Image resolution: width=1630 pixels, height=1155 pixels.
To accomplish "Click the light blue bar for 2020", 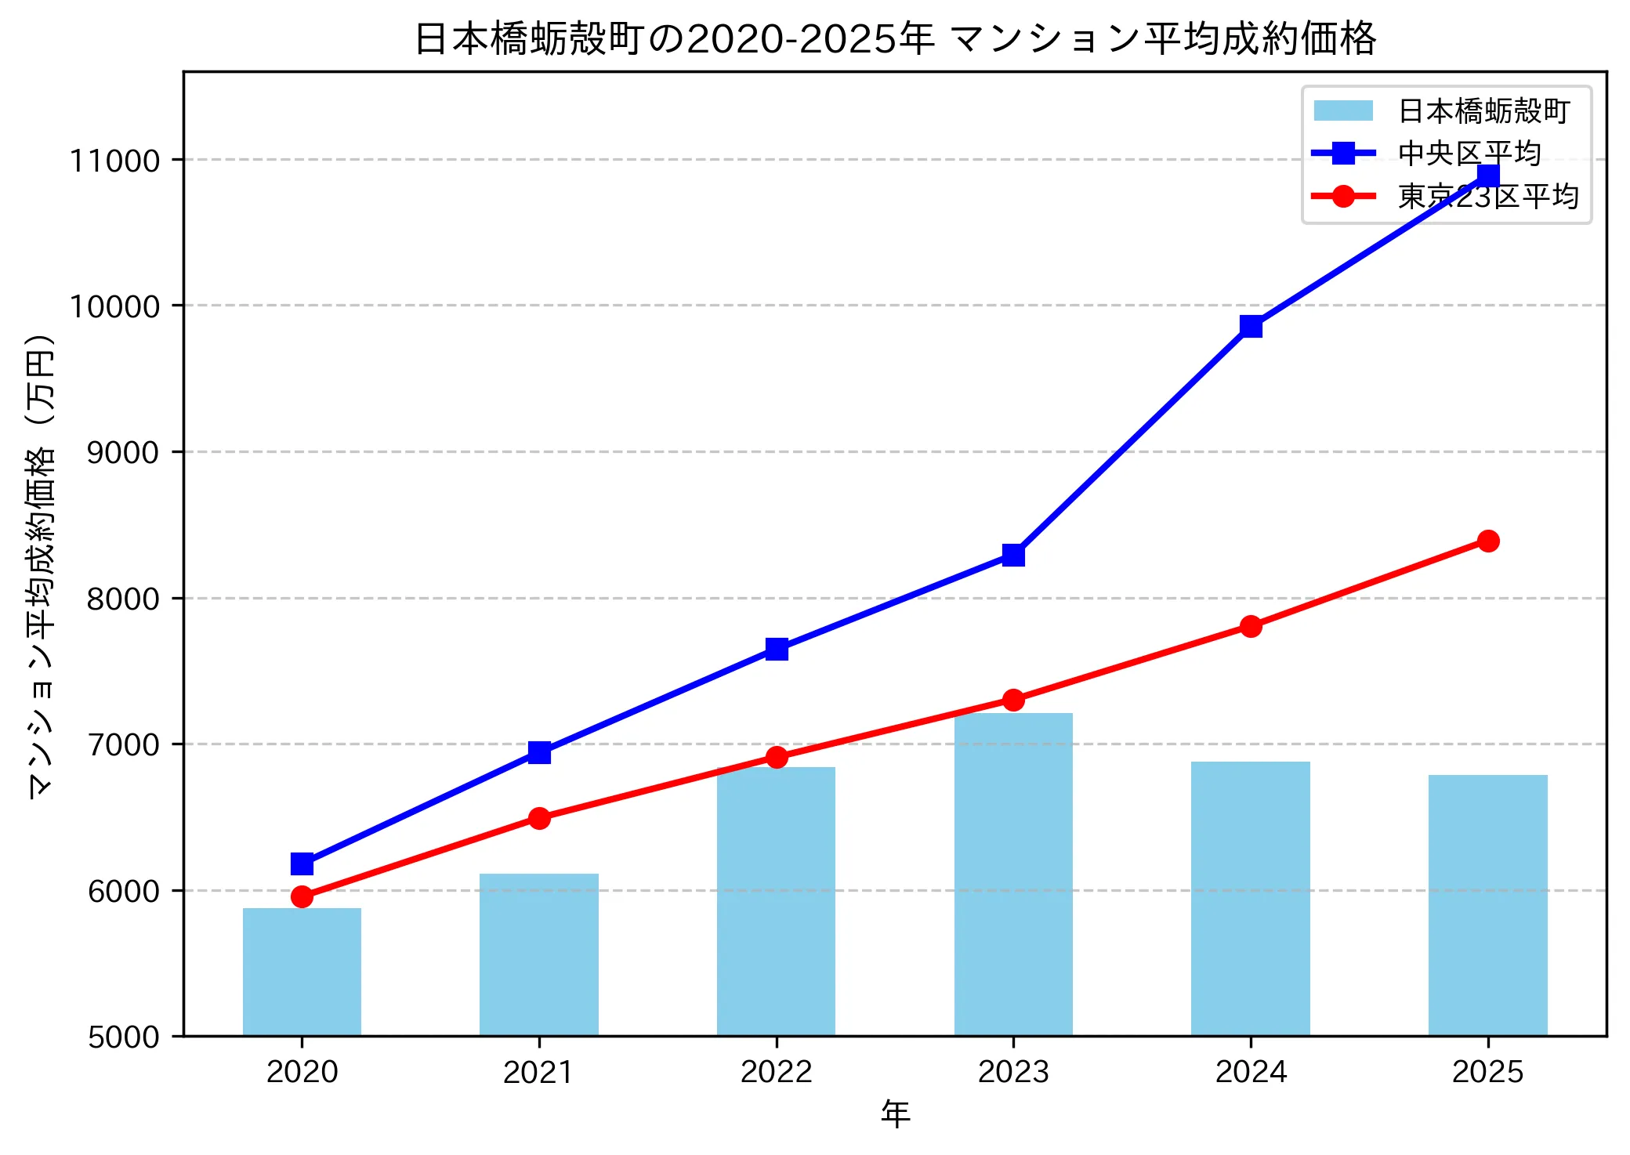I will [x=302, y=972].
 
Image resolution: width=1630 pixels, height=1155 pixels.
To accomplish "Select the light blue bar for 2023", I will [x=1013, y=874].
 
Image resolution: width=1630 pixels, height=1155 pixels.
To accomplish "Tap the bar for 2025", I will [x=1487, y=905].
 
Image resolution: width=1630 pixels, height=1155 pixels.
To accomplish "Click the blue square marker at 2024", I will [x=1251, y=326].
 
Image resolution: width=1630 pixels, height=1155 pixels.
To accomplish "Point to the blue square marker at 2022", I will [x=777, y=649].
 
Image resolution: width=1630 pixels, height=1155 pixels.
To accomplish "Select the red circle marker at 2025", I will [x=1488, y=541].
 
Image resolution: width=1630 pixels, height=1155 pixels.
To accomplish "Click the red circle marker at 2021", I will [x=539, y=818].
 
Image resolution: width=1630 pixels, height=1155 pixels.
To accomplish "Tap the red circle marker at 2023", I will [x=1013, y=700].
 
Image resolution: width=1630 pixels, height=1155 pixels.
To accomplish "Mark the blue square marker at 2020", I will [x=302, y=864].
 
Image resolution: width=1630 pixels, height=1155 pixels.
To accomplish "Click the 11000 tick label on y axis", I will [x=114, y=161].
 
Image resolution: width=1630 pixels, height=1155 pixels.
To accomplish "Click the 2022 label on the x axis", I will [x=776, y=1071].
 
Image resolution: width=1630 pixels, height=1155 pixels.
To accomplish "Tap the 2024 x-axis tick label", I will [x=1251, y=1071].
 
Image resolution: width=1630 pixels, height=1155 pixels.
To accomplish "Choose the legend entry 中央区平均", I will [x=1469, y=154].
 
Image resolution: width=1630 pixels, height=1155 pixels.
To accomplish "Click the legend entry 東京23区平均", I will [x=1487, y=196].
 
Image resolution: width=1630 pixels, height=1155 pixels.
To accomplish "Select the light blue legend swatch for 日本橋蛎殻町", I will [x=1343, y=111].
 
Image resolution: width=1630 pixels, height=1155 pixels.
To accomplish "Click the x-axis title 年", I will [x=895, y=1113].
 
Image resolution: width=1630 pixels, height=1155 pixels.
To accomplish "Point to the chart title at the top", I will [x=895, y=38].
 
